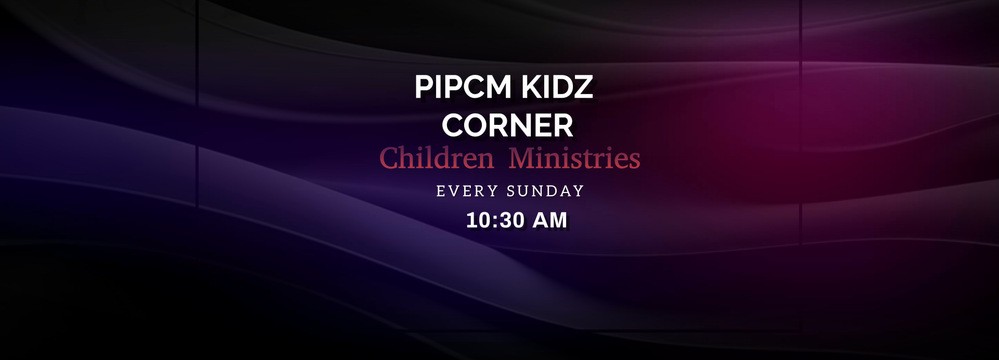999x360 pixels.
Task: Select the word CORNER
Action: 507,125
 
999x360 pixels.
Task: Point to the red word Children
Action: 436,159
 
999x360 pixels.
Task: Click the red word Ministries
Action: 575,159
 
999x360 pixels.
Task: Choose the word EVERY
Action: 468,191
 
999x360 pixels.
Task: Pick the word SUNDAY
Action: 546,191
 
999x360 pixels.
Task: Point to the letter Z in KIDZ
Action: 584,87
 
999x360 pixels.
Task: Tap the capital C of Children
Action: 389,159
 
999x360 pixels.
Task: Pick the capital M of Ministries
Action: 522,159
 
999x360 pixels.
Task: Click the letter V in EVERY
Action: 453,191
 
